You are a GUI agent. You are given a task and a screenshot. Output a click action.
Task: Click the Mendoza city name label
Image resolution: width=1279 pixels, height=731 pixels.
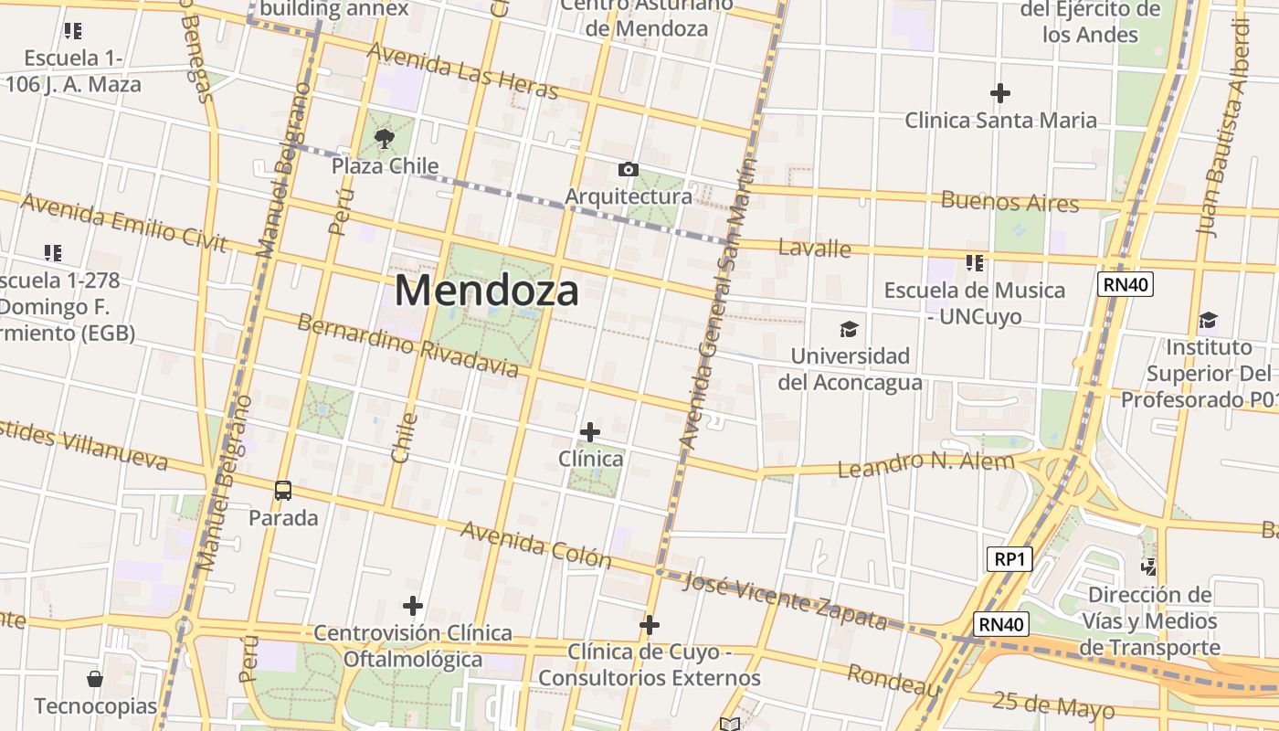pyautogui.click(x=487, y=291)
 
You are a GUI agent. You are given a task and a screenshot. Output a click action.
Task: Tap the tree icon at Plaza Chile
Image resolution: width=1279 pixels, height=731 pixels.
pyautogui.click(x=385, y=139)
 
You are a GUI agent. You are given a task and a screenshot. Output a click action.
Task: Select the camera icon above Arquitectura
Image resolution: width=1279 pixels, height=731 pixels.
pyautogui.click(x=628, y=169)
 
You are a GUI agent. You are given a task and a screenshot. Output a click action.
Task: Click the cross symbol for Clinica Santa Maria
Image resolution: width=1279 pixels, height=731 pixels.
pyautogui.click(x=1000, y=92)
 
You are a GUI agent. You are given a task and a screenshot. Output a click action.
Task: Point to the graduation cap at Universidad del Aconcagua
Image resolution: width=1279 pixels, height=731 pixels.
pyautogui.click(x=850, y=329)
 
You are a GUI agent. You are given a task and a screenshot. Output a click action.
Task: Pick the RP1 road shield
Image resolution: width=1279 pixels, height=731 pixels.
pyautogui.click(x=1009, y=558)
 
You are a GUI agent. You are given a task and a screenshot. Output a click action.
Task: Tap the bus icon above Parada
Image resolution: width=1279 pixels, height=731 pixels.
pyautogui.click(x=283, y=491)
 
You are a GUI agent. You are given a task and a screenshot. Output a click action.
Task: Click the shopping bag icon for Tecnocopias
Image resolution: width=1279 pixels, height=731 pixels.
pyautogui.click(x=95, y=679)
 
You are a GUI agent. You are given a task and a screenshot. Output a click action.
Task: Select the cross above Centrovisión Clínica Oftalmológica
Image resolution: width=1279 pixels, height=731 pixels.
pyautogui.click(x=413, y=605)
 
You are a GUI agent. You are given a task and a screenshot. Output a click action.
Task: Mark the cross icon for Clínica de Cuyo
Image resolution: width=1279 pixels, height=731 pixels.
pyautogui.click(x=650, y=625)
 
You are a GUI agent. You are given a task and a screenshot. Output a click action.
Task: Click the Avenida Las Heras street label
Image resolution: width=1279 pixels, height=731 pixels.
pyautogui.click(x=462, y=70)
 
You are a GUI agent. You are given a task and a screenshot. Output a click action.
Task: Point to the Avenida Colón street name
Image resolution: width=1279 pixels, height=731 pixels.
pyautogui.click(x=535, y=543)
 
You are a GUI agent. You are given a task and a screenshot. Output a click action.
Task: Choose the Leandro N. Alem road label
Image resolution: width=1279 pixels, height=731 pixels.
pyautogui.click(x=926, y=465)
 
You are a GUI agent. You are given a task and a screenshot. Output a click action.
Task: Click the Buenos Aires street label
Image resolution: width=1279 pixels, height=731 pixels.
pyautogui.click(x=1009, y=201)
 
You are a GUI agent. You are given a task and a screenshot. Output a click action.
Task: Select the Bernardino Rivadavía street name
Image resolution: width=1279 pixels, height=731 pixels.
pyautogui.click(x=407, y=345)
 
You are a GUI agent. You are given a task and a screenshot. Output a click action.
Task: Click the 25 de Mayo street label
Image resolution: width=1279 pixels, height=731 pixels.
pyautogui.click(x=1053, y=705)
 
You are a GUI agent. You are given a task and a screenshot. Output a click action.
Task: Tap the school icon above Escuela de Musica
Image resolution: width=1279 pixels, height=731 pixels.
pyautogui.click(x=975, y=263)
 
